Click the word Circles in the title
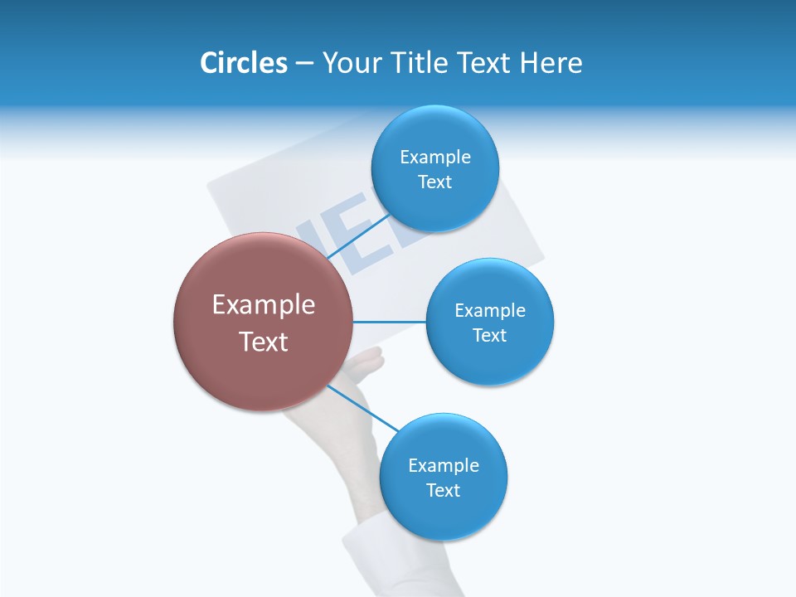243,63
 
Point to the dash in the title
303,64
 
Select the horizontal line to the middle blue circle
390,322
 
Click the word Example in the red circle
264,305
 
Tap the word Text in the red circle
264,342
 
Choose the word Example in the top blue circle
435,158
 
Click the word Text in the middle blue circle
489,336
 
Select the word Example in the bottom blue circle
444,466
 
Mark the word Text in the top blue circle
434,182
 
